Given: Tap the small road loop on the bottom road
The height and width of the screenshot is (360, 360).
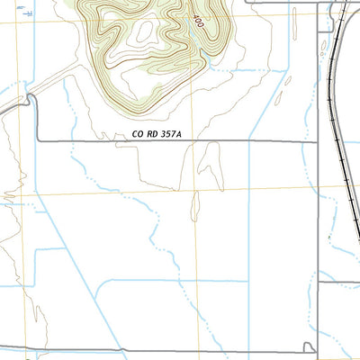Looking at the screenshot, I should pyautogui.click(x=310, y=346).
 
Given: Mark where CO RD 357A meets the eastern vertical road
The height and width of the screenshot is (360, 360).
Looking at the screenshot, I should pyautogui.click(x=317, y=141).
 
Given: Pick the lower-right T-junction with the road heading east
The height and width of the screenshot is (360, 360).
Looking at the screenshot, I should pyautogui.click(x=318, y=282).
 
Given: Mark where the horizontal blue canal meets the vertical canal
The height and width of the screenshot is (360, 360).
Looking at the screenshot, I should pyautogui.click(x=248, y=280).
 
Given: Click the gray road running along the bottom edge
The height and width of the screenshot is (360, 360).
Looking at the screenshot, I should pyautogui.click(x=180, y=350).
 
